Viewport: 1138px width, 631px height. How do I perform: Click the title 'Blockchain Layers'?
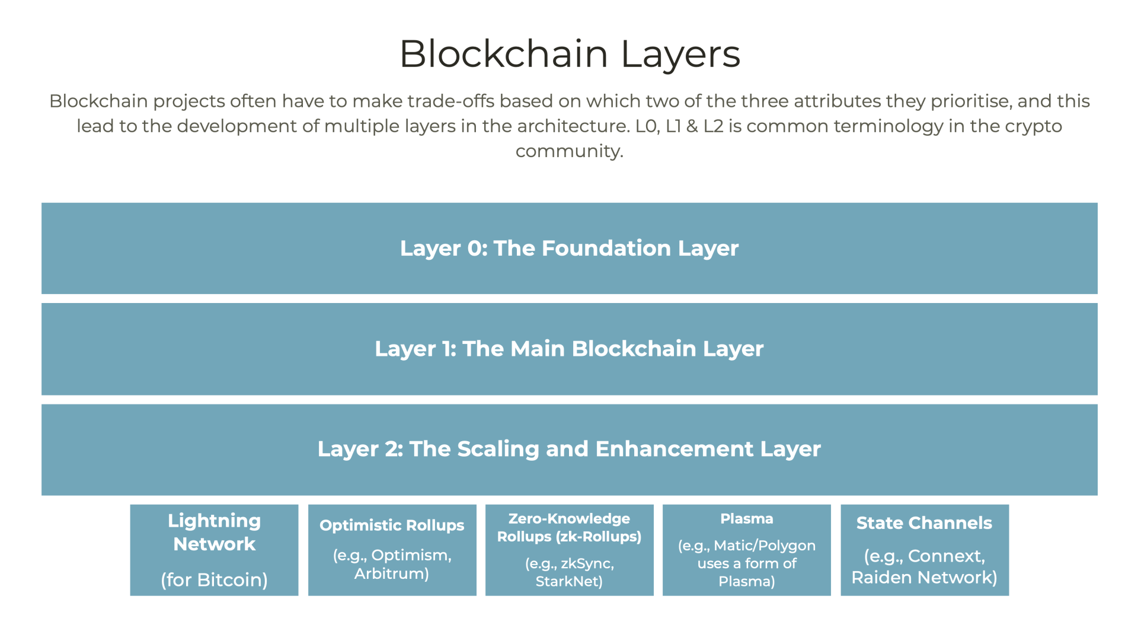[570, 54]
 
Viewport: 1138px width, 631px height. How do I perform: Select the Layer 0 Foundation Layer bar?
[569, 248]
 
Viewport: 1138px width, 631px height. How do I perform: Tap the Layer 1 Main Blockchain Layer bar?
[569, 349]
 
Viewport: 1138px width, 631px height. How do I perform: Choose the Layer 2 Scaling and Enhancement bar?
[569, 450]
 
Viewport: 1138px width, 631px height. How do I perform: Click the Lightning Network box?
[214, 550]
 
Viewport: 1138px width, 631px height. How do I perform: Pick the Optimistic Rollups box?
[392, 550]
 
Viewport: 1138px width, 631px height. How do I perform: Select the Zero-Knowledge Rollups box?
[569, 550]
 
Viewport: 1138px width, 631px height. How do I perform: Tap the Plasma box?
[746, 550]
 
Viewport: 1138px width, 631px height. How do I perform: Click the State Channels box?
[925, 550]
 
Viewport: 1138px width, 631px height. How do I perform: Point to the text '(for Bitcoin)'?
[214, 579]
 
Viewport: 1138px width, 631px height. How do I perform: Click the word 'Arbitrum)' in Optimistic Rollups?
[392, 573]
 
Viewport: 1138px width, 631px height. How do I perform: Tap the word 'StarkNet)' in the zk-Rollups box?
[569, 581]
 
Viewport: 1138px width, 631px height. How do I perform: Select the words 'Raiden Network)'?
[925, 577]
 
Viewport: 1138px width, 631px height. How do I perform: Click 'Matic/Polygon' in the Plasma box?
[765, 546]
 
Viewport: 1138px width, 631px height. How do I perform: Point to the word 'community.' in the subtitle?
[569, 151]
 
